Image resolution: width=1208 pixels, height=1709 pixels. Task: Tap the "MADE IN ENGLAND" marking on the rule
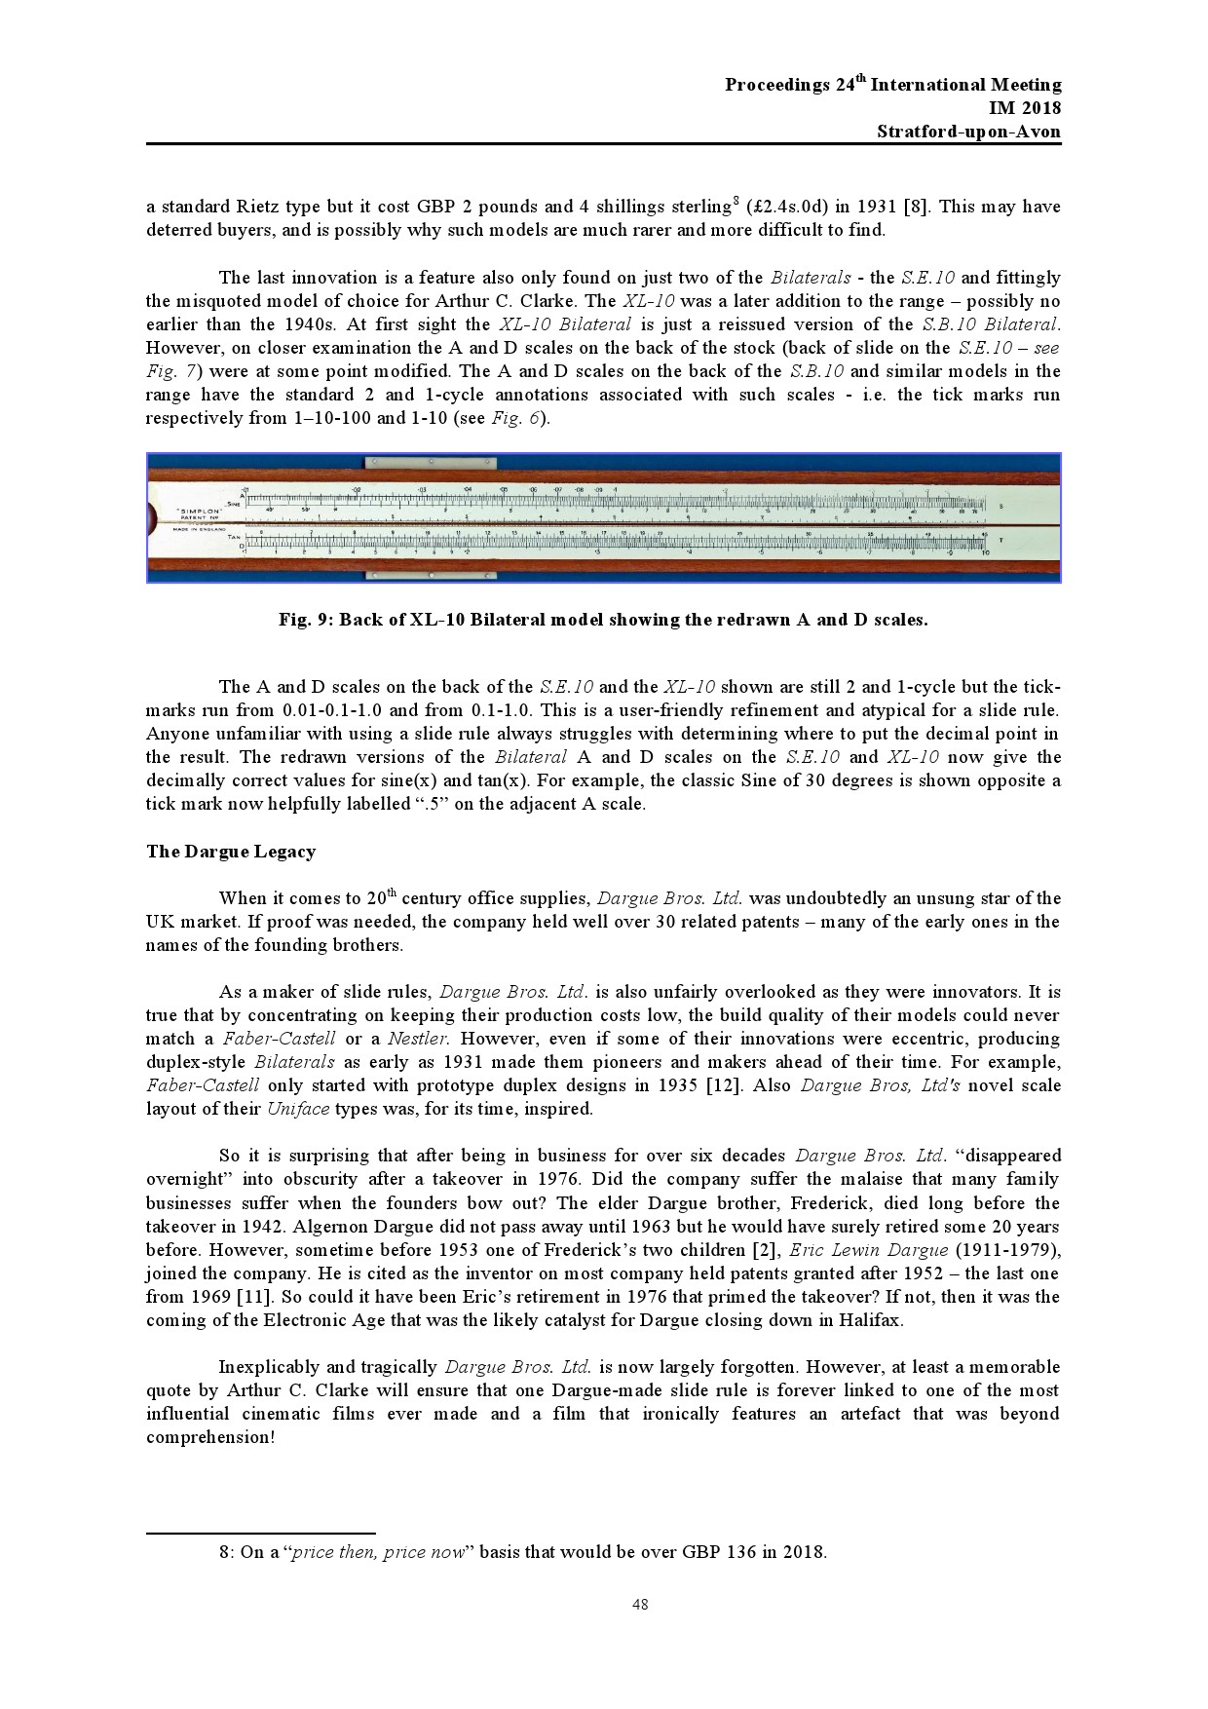tap(195, 529)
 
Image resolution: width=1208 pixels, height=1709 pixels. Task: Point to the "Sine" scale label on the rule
tap(234, 504)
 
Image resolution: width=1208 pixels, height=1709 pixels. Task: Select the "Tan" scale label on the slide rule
tap(234, 537)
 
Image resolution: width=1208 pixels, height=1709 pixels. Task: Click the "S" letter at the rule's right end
tap(1002, 506)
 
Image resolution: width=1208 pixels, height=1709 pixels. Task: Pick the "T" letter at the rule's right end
tap(1002, 538)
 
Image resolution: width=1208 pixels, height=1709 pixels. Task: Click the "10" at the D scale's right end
tap(985, 551)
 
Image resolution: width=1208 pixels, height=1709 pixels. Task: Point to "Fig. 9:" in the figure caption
tap(306, 620)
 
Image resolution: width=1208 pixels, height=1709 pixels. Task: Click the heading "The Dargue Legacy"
tap(231, 852)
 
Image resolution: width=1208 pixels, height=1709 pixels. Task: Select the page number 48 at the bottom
tap(640, 1606)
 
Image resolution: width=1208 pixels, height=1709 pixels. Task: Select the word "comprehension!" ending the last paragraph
tap(210, 1437)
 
